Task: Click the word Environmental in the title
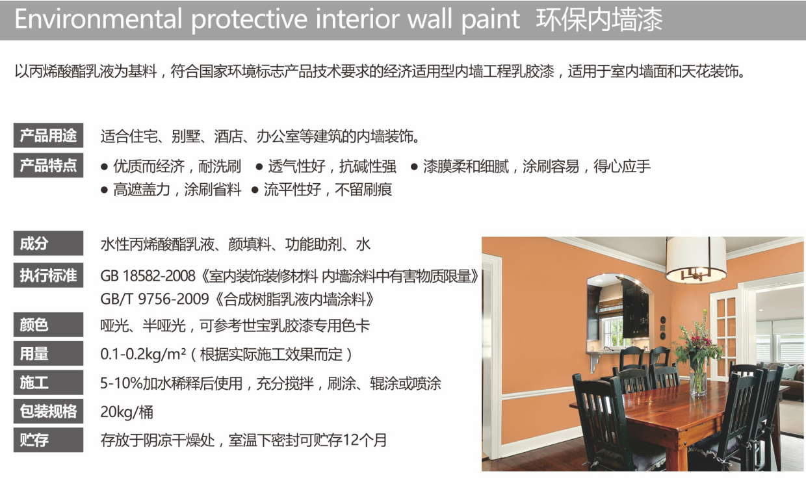tap(98, 19)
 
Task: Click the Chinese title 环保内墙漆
tap(599, 19)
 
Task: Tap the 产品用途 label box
tap(48, 135)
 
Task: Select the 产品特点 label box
tap(48, 165)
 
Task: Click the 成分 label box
tap(48, 243)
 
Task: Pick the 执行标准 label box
tap(48, 275)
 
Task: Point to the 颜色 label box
tap(48, 324)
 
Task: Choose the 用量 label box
tap(48, 353)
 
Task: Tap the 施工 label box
tap(48, 383)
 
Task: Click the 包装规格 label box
tap(48, 411)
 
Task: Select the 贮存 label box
tap(48, 440)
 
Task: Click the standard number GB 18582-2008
tap(148, 276)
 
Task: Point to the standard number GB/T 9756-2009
tap(155, 299)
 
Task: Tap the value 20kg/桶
tap(127, 412)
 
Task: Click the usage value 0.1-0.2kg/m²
tap(143, 355)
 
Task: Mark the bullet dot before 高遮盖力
tap(105, 190)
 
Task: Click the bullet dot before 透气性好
tap(259, 167)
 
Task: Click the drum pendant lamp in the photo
tap(695, 260)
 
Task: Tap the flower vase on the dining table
tap(698, 377)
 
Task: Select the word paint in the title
tap(491, 19)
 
